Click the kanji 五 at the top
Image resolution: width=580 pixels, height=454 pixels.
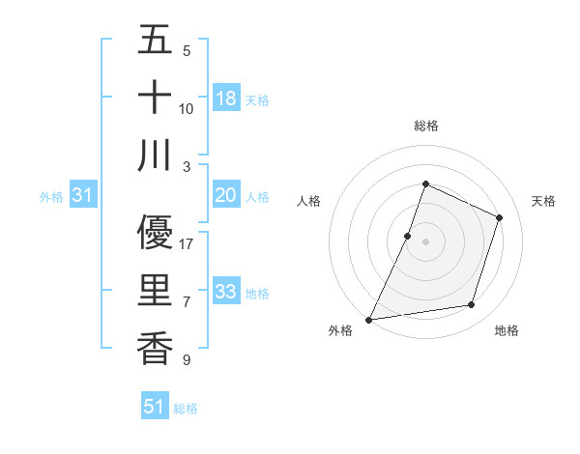click(x=155, y=42)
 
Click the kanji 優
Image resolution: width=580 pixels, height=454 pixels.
click(x=155, y=233)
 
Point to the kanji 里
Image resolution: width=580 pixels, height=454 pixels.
click(x=155, y=291)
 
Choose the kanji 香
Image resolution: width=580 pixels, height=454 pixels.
click(x=155, y=347)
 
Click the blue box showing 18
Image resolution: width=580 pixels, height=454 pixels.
click(x=226, y=99)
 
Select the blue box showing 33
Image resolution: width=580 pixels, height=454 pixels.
click(x=226, y=292)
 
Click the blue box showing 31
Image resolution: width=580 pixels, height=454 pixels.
click(x=83, y=196)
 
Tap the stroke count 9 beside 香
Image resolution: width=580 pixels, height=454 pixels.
click(x=186, y=360)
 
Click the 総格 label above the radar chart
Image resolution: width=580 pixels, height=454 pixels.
click(x=425, y=126)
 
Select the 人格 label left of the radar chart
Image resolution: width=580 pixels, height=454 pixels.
click(x=308, y=201)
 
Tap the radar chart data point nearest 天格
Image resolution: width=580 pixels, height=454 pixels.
click(x=500, y=217)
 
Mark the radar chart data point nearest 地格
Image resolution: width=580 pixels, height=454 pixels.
click(x=472, y=305)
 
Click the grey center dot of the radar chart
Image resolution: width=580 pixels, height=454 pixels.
click(x=425, y=241)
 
